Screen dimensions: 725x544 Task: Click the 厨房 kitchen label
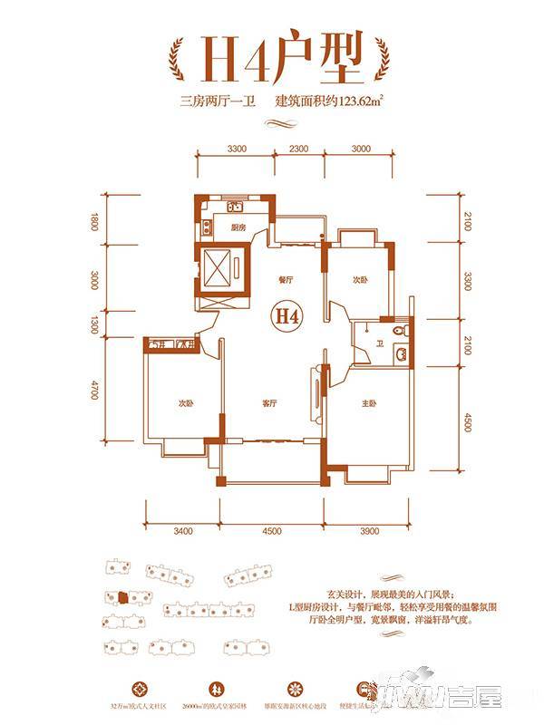239,227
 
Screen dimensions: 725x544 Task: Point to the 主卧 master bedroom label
370,403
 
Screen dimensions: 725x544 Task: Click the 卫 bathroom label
382,343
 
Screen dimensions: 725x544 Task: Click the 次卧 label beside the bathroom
361,280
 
